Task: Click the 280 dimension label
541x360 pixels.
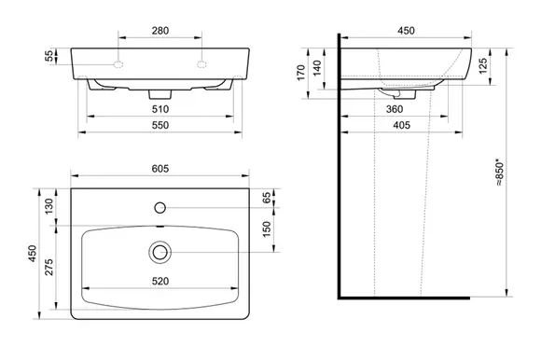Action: [x=160, y=31]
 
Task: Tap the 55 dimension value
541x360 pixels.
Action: [x=50, y=56]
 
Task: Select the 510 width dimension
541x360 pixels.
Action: [x=160, y=109]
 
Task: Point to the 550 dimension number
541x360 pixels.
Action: [x=160, y=125]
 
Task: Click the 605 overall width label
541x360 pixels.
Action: [x=160, y=169]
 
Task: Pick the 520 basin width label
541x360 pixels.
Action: [x=160, y=282]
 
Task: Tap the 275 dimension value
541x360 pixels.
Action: [x=49, y=267]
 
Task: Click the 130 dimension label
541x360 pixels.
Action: [x=49, y=206]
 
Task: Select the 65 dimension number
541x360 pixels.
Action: [x=267, y=198]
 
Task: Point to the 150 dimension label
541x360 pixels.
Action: [x=267, y=229]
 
